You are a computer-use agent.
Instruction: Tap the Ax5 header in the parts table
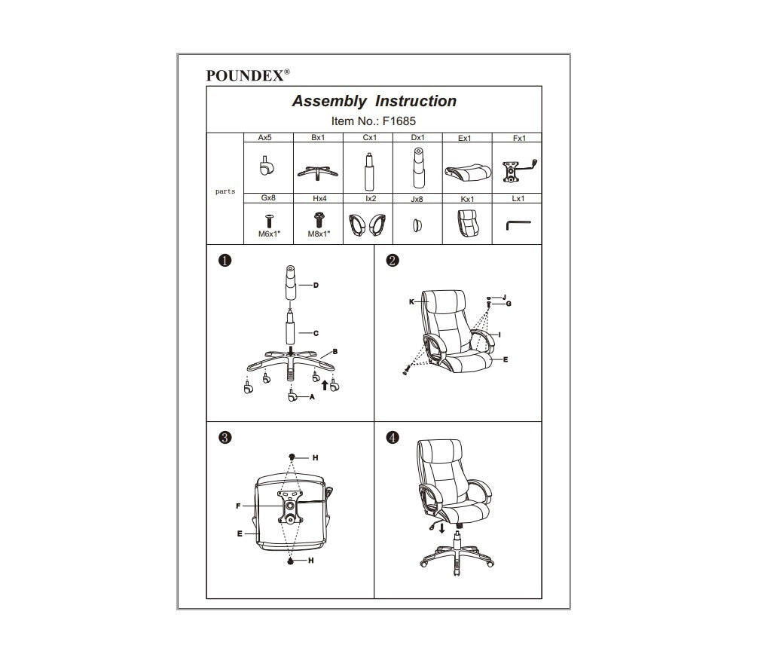click(x=264, y=139)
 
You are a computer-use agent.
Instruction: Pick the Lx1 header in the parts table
click(x=518, y=199)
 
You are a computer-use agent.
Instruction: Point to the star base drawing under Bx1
click(x=317, y=171)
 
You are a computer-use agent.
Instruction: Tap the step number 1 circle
click(x=225, y=261)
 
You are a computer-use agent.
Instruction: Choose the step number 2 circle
click(x=392, y=261)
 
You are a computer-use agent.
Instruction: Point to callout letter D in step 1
click(x=316, y=286)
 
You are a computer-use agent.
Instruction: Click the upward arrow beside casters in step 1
click(x=325, y=386)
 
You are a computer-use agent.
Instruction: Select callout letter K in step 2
click(x=412, y=301)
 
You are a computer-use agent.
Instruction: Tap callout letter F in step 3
click(x=238, y=506)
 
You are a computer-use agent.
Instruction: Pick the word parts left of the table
click(x=225, y=191)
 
